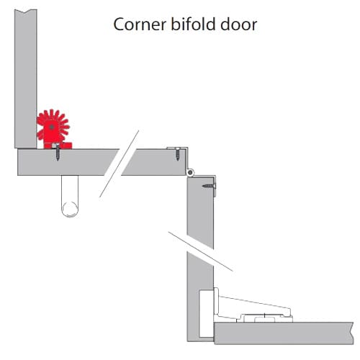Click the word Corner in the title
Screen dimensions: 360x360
click(140, 24)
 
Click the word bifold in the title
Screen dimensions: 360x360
click(193, 24)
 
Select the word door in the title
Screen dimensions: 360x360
click(239, 24)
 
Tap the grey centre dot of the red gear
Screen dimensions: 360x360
click(52, 127)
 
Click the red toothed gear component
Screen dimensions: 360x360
click(53, 129)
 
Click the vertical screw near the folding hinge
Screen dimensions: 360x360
click(177, 154)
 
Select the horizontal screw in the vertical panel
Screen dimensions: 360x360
click(209, 186)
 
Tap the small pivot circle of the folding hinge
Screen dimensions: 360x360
click(190, 172)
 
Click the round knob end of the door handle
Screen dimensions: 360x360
click(70, 210)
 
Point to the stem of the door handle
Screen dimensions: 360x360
click(70, 189)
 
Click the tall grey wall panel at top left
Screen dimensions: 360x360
click(26, 78)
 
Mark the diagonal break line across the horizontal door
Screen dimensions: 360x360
click(120, 163)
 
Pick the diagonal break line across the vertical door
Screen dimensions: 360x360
click(200, 251)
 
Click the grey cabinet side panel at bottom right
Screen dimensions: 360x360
click(284, 333)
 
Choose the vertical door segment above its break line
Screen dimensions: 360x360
click(200, 210)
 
